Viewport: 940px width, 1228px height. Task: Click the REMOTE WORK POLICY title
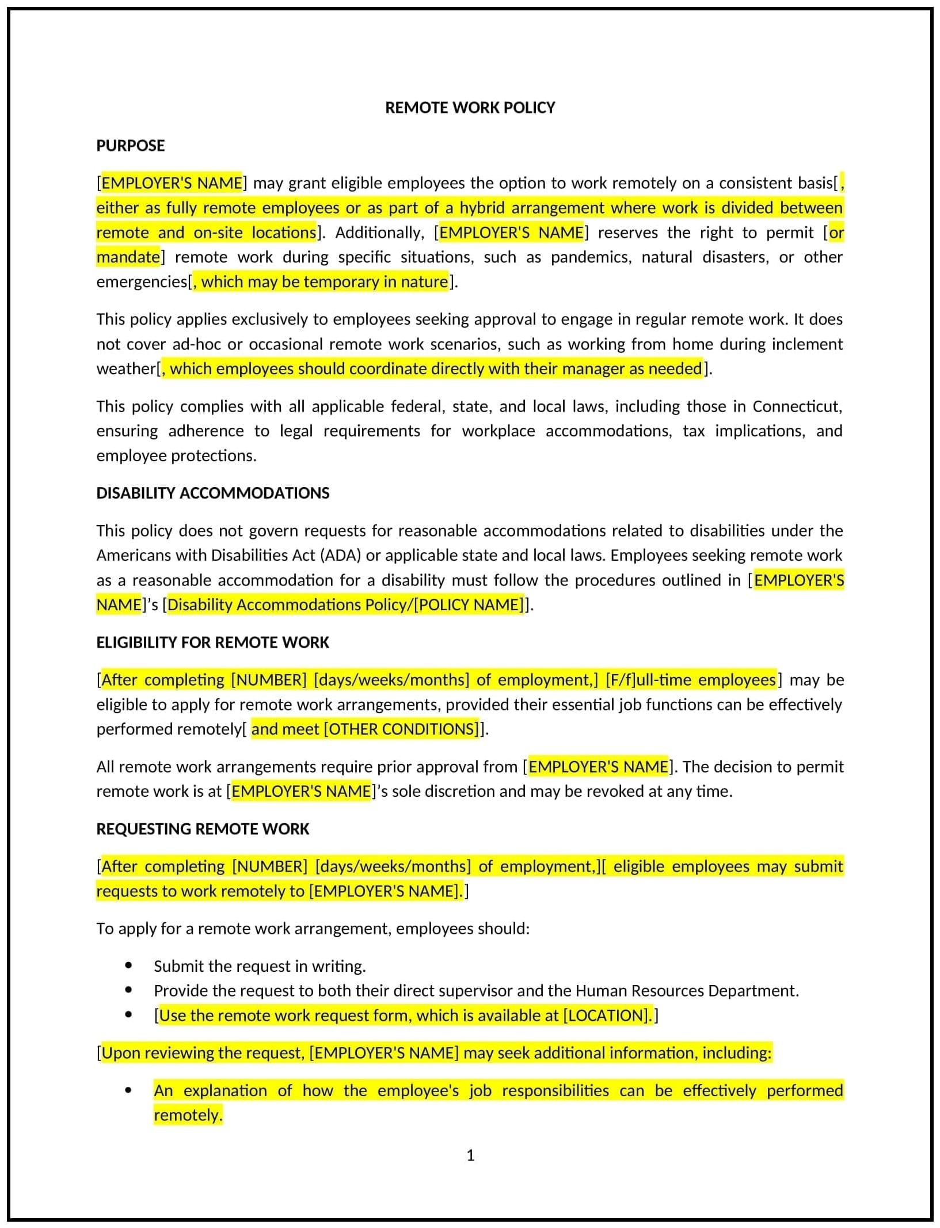coord(470,108)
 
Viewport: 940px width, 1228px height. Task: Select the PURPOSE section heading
coord(131,146)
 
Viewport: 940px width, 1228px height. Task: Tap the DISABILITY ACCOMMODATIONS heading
coord(213,493)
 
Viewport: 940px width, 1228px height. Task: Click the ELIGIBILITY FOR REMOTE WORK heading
coord(212,642)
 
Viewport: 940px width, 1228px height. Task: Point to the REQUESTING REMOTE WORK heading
coord(203,829)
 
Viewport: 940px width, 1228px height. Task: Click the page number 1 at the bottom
coord(470,1155)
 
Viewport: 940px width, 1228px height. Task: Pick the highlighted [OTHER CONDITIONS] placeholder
coord(402,729)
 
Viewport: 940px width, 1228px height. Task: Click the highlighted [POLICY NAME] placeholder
coord(470,605)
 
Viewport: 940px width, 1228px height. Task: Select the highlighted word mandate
coord(128,257)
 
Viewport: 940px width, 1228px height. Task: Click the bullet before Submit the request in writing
coord(128,965)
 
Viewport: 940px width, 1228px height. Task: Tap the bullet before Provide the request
coord(128,990)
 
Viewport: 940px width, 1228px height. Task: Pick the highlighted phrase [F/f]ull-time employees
coord(691,680)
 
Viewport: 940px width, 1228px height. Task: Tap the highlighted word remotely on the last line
coord(187,1115)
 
